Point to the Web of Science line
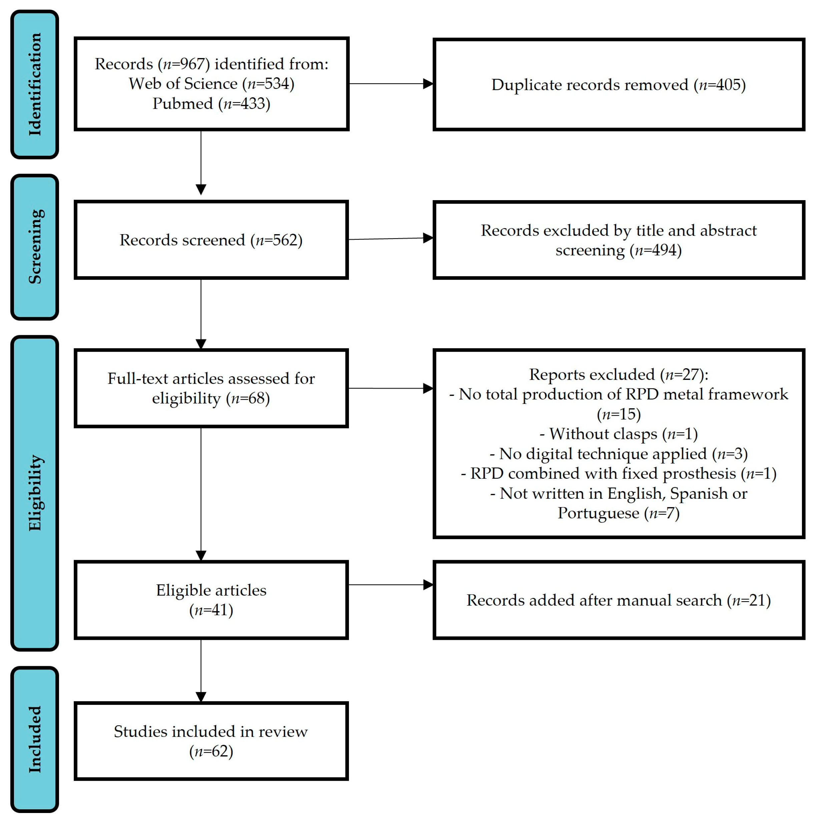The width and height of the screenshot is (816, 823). coord(211,83)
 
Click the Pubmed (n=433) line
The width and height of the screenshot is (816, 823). coord(211,103)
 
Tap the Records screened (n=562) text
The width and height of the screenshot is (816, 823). coord(211,240)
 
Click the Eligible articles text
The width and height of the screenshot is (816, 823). coord(211,590)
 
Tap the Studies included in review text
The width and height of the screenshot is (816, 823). coord(211,731)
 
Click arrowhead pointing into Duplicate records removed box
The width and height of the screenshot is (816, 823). coord(428,84)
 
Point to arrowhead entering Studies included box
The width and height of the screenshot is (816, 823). coord(201,697)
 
